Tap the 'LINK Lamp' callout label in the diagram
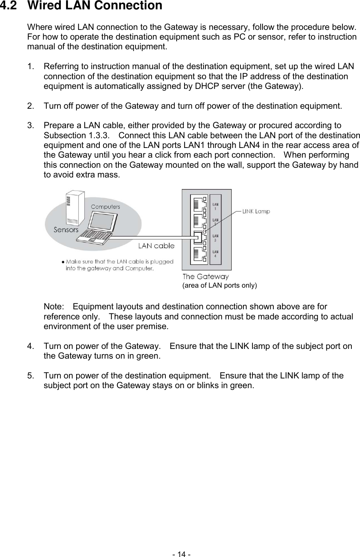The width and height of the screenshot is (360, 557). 256,211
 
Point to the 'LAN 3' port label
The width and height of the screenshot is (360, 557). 215,238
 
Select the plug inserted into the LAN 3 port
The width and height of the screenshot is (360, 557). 198,237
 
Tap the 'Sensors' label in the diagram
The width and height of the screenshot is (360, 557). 66,230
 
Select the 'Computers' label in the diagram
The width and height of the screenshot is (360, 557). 105,207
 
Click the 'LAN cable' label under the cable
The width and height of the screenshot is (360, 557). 156,246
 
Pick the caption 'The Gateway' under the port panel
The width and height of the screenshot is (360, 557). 205,277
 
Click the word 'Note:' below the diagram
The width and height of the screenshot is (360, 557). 54,307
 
